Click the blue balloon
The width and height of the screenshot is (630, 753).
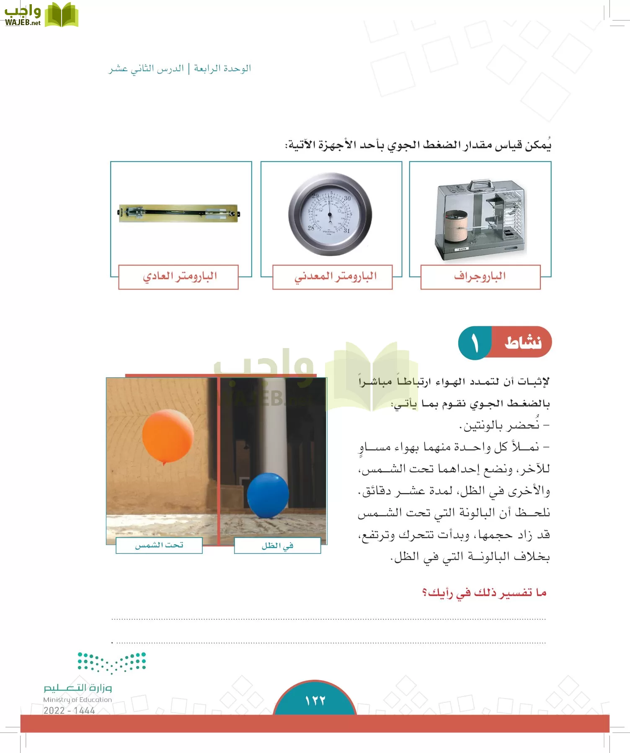point(268,495)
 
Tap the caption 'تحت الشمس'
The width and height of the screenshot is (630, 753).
point(159,546)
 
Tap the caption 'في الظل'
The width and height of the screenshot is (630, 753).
point(277,546)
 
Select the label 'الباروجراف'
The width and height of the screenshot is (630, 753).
point(480,277)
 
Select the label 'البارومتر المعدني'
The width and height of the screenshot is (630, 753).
point(336,277)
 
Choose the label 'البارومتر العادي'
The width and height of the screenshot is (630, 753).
point(180,277)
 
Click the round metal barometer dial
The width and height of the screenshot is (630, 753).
point(330,214)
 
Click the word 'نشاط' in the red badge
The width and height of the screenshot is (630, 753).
point(523,343)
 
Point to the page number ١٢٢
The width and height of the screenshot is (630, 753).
point(315,701)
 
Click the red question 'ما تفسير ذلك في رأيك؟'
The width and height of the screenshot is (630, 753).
point(484,593)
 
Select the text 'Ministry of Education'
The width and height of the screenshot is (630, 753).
point(77,699)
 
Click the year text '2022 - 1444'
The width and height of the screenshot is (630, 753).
point(69,710)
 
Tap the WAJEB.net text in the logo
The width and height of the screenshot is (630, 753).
point(23,23)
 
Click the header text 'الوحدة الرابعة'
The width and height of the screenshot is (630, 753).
point(222,68)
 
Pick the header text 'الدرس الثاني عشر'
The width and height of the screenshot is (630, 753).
point(147,68)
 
